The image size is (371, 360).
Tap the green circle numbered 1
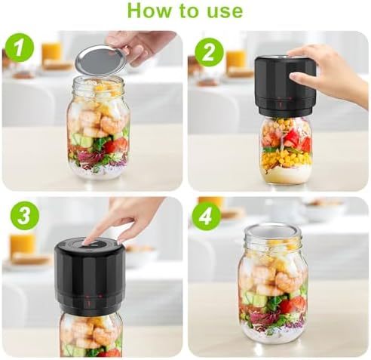[19, 48]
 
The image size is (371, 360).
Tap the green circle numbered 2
[208, 52]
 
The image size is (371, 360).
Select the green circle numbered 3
[23, 217]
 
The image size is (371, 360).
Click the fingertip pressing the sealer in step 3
[92, 240]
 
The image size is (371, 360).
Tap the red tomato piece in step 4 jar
[293, 304]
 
